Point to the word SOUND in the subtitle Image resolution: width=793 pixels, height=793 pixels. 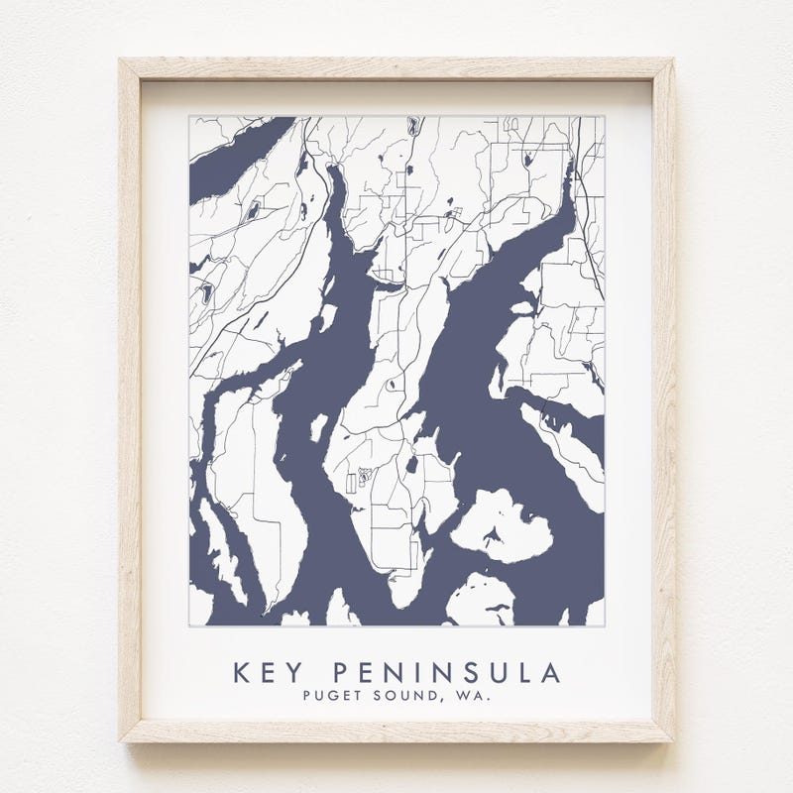(403, 697)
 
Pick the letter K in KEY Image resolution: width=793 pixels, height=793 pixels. (241, 673)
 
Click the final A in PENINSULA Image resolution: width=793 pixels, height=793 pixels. (550, 673)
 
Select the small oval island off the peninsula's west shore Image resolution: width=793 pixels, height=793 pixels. (318, 428)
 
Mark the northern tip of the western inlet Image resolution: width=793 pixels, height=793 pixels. (333, 169)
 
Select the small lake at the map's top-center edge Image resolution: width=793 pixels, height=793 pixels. (410, 126)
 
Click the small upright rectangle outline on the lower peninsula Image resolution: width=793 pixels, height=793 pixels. (350, 483)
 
